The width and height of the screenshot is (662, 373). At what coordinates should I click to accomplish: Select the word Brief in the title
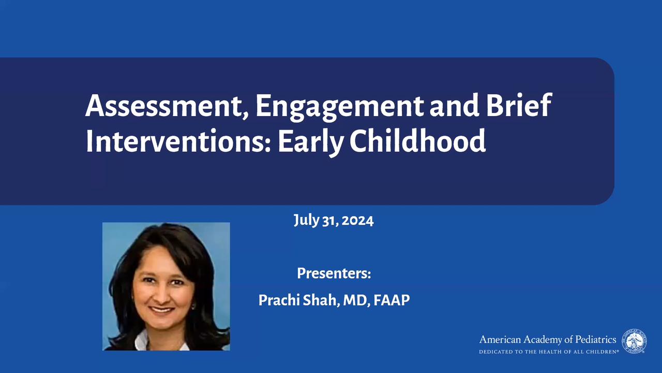pos(519,105)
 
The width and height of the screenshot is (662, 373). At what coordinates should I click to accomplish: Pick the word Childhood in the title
pos(418,140)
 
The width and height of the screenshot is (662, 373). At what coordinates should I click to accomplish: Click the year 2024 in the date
pos(357,221)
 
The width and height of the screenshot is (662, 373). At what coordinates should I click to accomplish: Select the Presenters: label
pos(334,273)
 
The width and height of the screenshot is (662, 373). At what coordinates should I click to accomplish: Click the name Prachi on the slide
pos(279,300)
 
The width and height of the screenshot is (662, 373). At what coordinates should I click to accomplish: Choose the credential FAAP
pos(392,300)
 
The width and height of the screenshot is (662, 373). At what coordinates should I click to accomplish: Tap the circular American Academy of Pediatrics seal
pos(634,341)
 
